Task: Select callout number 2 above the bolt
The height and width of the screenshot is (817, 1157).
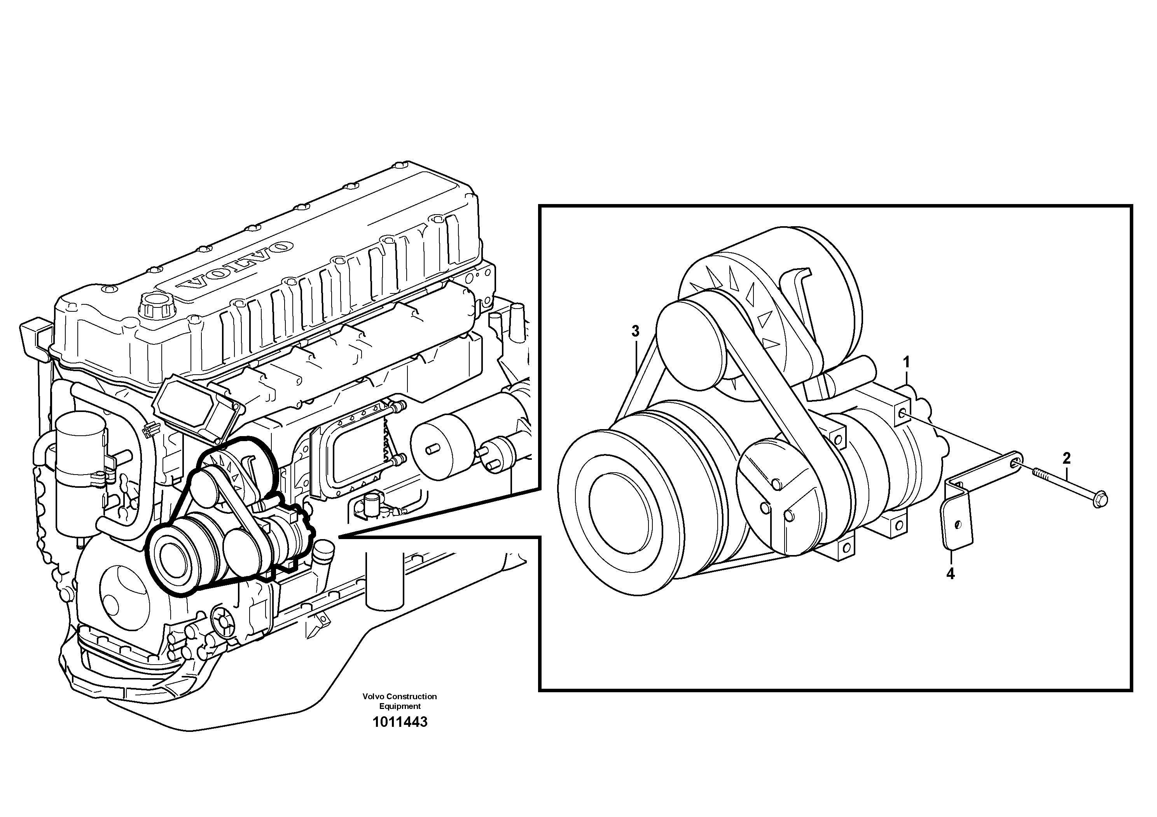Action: (x=1066, y=458)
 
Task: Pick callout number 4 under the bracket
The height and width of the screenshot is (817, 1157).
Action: (x=951, y=574)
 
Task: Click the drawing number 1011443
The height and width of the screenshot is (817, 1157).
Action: (x=400, y=722)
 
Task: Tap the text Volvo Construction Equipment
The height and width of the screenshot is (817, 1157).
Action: (x=400, y=701)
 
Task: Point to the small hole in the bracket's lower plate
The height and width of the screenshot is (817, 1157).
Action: (x=958, y=524)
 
